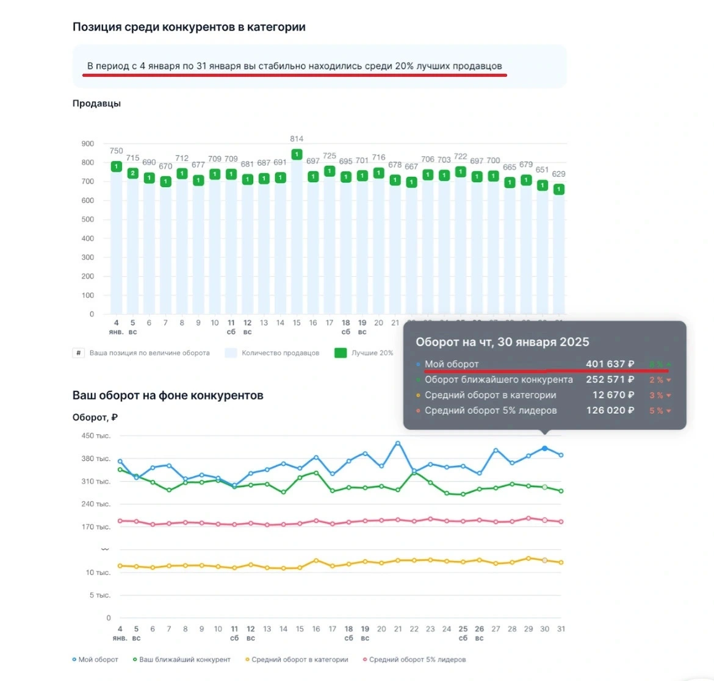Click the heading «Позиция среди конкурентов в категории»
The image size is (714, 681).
(x=189, y=27)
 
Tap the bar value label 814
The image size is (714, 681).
(x=297, y=139)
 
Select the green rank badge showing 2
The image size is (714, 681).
(x=133, y=173)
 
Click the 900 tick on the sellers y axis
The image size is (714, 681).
(x=88, y=144)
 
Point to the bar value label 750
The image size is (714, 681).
(x=116, y=151)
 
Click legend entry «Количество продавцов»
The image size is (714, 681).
(x=280, y=353)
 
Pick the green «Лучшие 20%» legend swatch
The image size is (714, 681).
(x=341, y=353)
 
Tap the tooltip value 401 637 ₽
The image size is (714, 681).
(x=610, y=364)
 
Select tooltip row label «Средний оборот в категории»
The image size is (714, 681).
(x=490, y=395)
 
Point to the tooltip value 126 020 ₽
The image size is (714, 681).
(x=610, y=410)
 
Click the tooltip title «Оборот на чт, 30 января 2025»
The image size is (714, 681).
(x=502, y=342)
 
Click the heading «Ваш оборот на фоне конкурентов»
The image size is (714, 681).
(x=168, y=395)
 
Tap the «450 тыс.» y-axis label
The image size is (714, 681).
(x=96, y=436)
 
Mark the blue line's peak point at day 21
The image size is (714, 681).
(x=398, y=443)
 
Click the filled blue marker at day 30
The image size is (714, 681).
(x=544, y=448)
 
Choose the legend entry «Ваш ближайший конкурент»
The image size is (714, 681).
(x=184, y=660)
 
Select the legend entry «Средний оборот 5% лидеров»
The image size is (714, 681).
(x=417, y=660)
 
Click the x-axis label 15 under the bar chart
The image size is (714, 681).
(x=297, y=323)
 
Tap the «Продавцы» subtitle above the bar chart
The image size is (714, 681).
(x=96, y=104)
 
